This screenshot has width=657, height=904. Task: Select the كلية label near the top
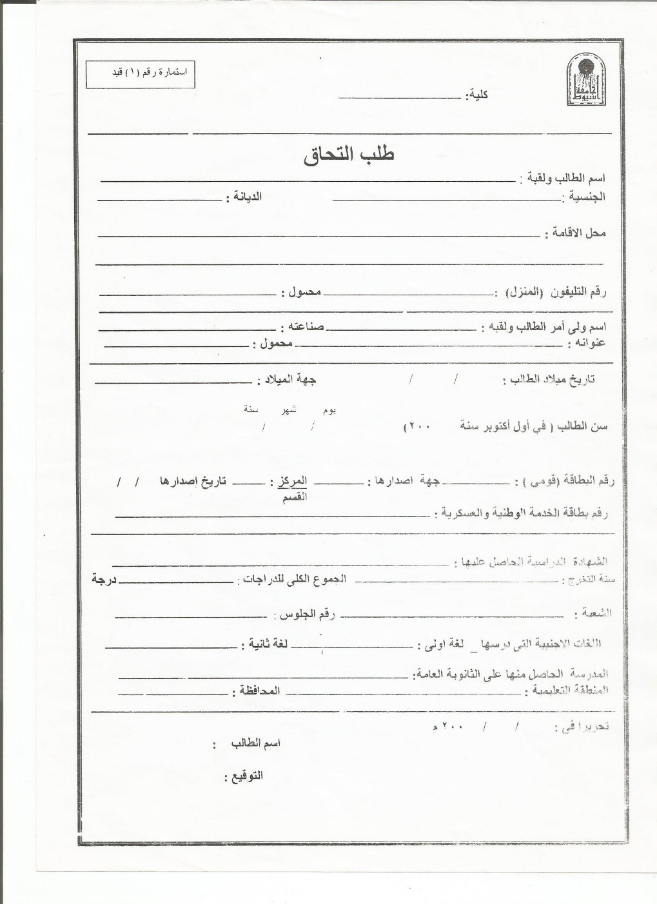(x=478, y=95)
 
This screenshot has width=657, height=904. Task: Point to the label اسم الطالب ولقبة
(x=563, y=177)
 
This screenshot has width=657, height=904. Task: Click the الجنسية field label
(x=585, y=197)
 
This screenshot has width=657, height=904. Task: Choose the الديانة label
(x=244, y=197)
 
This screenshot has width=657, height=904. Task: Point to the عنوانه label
(x=586, y=344)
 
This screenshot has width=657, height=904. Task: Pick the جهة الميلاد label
(x=288, y=380)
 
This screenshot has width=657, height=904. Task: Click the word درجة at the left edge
(x=103, y=579)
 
